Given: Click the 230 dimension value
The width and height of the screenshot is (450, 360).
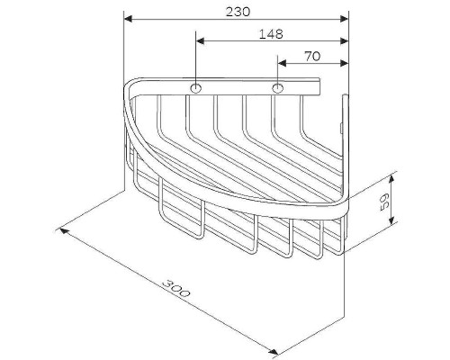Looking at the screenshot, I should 238,11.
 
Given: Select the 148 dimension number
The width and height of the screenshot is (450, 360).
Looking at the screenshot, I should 270,33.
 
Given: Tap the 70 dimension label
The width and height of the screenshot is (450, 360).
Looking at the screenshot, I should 312,55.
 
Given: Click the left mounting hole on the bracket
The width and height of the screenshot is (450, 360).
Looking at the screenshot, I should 194,88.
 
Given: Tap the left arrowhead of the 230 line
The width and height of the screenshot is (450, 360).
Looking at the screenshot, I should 128,18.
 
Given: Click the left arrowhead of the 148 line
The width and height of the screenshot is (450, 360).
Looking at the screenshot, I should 199,40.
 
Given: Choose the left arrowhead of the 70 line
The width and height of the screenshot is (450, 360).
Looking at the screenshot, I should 282,62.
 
